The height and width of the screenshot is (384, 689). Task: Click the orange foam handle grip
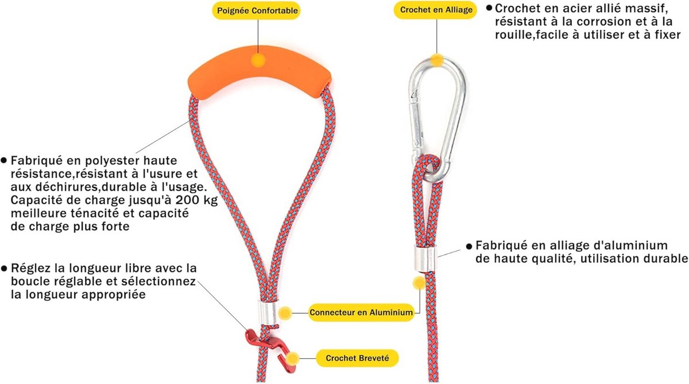(x=260, y=72)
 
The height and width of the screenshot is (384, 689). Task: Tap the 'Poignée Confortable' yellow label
(x=257, y=10)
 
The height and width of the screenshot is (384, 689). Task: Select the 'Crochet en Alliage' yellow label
(x=436, y=10)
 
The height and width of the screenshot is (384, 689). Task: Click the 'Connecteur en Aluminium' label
(x=361, y=312)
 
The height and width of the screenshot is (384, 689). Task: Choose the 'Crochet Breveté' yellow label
(x=357, y=358)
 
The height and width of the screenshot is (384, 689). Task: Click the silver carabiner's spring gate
(x=416, y=129)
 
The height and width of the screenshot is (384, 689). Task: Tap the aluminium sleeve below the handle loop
(x=267, y=313)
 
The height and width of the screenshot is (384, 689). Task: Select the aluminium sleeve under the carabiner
(x=425, y=258)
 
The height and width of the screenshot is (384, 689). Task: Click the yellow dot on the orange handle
(x=258, y=60)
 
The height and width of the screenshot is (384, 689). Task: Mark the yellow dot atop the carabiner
(x=437, y=60)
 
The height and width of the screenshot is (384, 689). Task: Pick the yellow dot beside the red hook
(x=292, y=359)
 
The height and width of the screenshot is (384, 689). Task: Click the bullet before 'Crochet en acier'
(x=489, y=8)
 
